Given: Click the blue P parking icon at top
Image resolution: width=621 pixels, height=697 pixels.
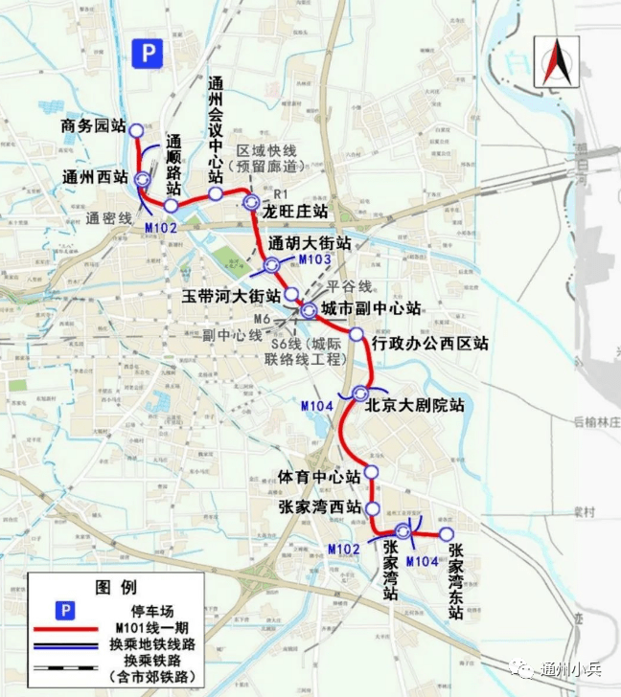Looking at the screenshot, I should tap(147, 54).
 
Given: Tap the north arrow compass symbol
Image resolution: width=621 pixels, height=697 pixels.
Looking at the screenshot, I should tap(555, 63).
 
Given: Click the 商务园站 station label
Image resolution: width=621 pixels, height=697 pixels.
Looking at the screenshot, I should tap(93, 125).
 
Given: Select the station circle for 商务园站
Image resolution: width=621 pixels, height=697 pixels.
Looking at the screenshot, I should tap(136, 130).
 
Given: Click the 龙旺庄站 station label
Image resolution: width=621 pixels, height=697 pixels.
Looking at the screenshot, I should tap(295, 210).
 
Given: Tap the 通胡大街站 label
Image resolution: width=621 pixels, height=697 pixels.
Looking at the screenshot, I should tap(310, 242).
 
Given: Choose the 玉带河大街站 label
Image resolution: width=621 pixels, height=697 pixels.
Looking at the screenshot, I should tap(232, 295).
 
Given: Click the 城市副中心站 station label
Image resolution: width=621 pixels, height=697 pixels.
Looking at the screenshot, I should tap(371, 309).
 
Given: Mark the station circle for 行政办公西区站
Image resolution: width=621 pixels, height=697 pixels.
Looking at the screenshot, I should tap(356, 334).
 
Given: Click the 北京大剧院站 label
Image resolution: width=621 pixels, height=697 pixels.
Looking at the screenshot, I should tap(414, 405).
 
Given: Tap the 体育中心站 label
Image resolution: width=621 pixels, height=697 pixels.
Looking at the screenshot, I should tap(319, 476).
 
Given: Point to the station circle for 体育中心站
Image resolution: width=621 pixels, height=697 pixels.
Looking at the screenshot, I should tap(371, 472).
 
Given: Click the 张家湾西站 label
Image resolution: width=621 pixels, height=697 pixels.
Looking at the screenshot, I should tap(319, 506).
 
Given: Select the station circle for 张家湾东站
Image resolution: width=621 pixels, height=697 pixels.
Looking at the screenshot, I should tap(447, 534).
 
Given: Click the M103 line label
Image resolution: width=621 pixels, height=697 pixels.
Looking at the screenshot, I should tap(314, 259).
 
